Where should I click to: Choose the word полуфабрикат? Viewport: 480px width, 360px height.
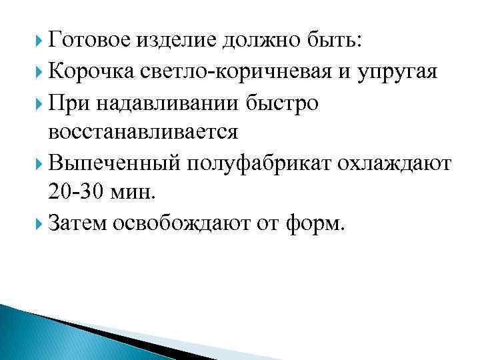coord(246,163)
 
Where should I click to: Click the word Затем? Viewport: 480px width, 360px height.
coord(78,224)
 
